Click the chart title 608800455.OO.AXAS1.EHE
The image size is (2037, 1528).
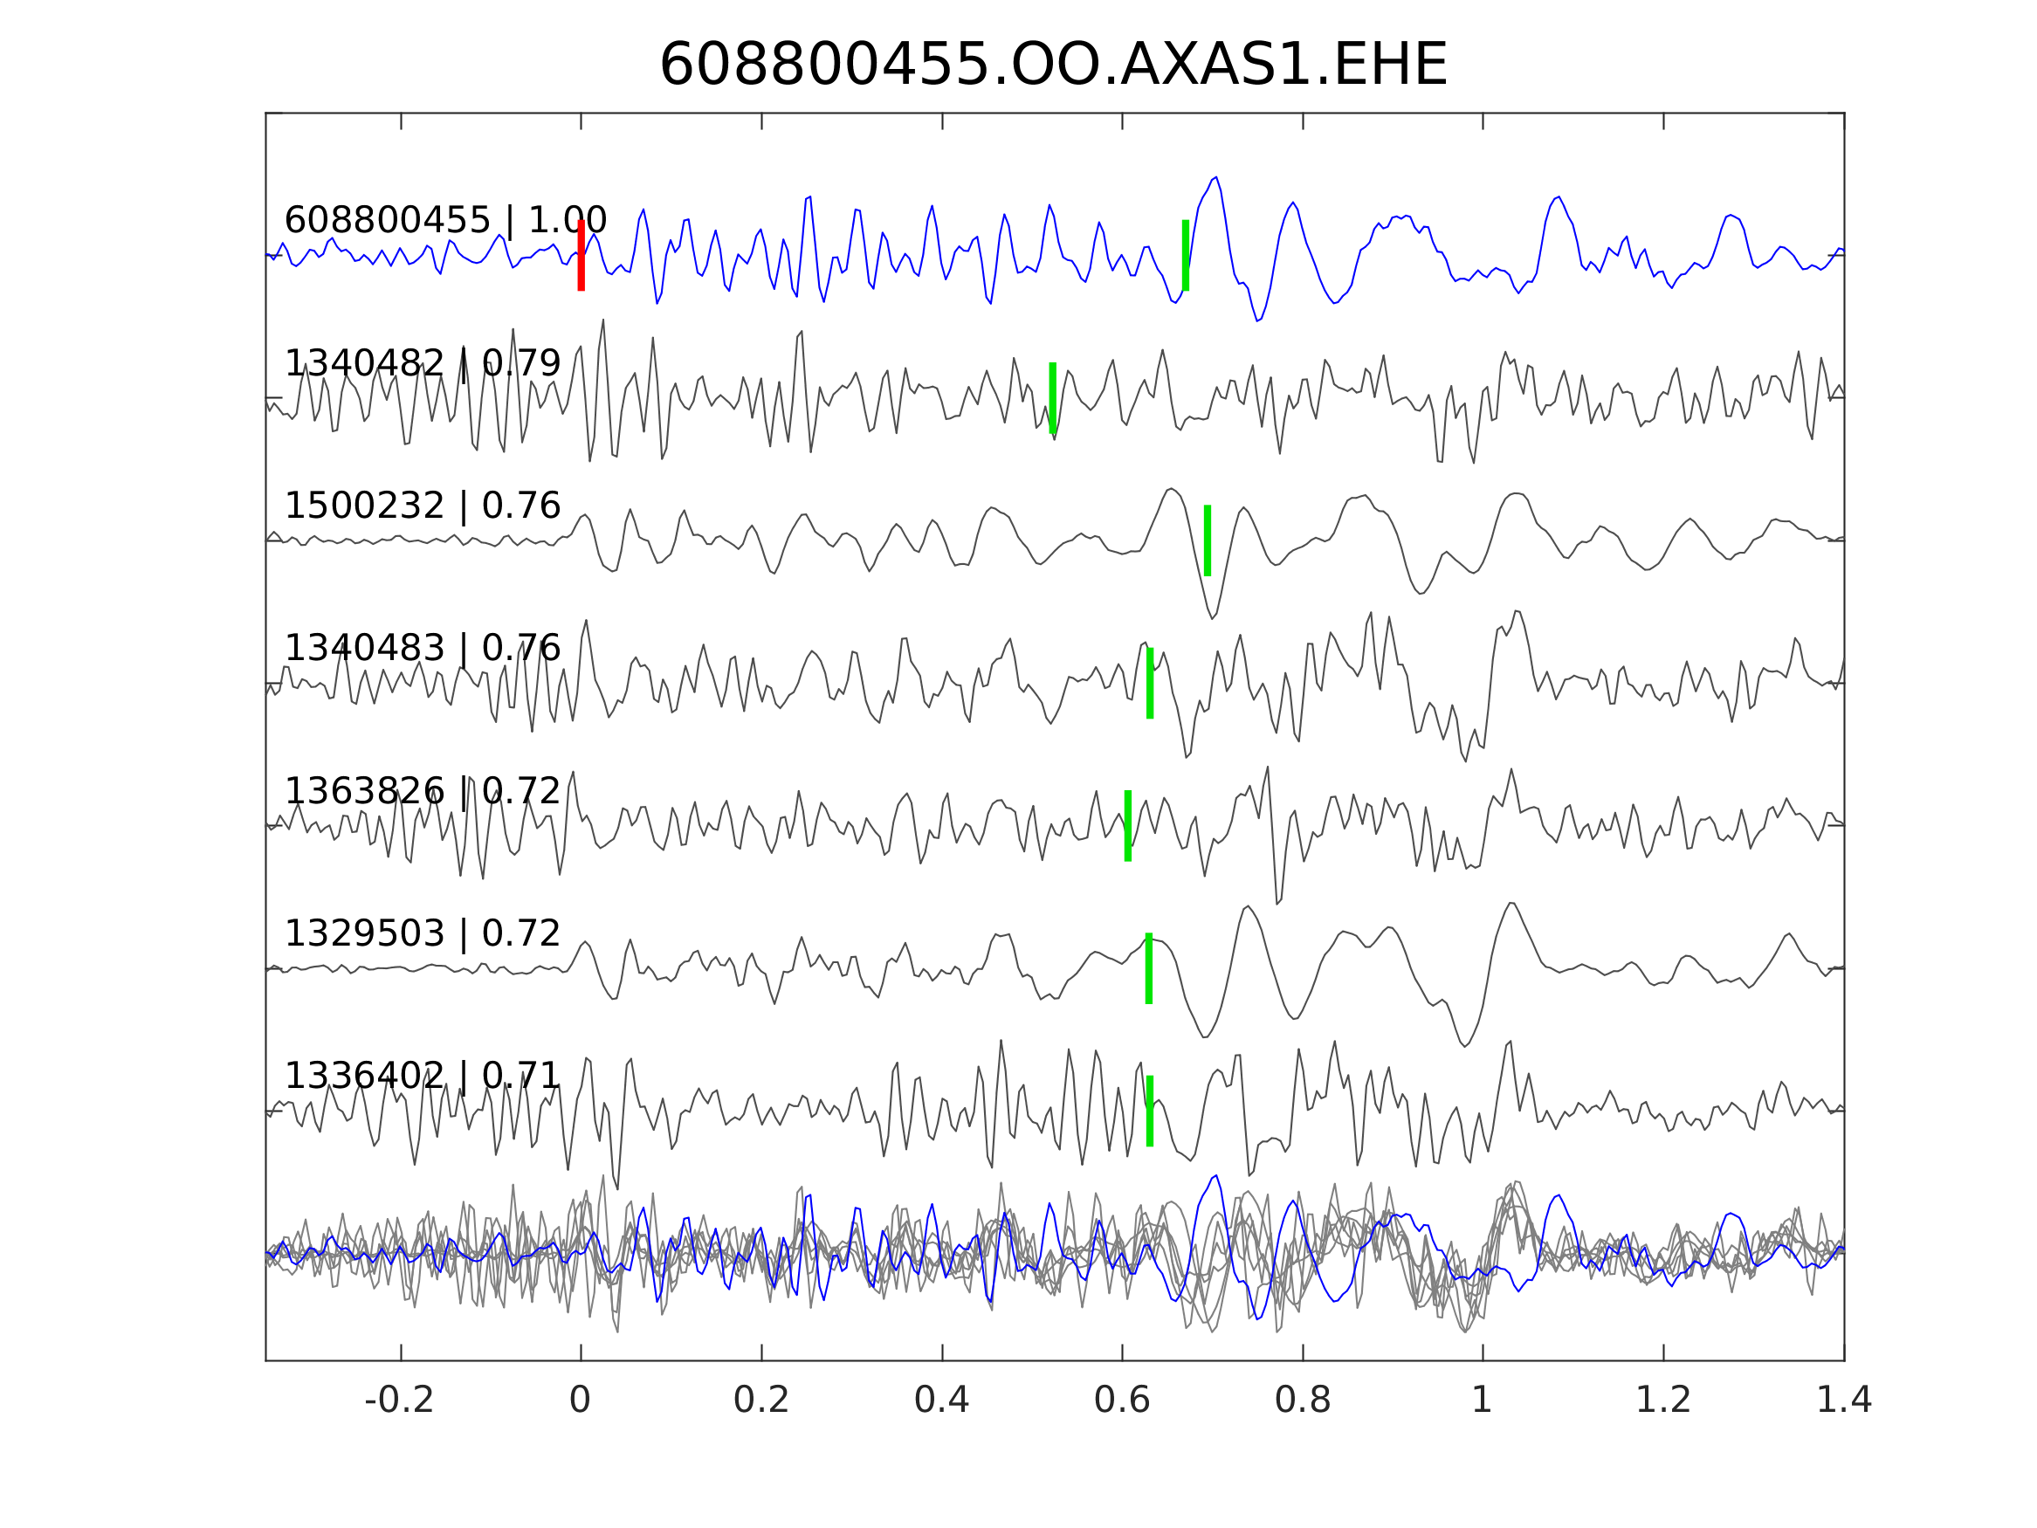[x=1054, y=66]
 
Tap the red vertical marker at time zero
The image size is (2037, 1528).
[x=582, y=255]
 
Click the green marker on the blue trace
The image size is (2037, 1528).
[x=1185, y=255]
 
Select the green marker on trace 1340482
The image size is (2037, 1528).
[x=1053, y=398]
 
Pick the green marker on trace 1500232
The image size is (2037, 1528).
[x=1208, y=540]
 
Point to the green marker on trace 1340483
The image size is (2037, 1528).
[x=1150, y=684]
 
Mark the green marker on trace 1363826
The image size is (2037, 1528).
[x=1128, y=826]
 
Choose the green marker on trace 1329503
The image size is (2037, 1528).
[x=1149, y=969]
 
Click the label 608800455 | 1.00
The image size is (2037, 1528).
[x=445, y=221]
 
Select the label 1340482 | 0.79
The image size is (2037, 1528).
[x=423, y=364]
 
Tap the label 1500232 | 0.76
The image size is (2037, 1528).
[x=423, y=506]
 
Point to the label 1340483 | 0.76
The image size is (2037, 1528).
[x=423, y=649]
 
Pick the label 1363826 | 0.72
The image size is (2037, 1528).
[x=423, y=791]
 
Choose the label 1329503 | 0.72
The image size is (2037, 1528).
[x=423, y=934]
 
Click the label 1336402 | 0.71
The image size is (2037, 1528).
[x=423, y=1076]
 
